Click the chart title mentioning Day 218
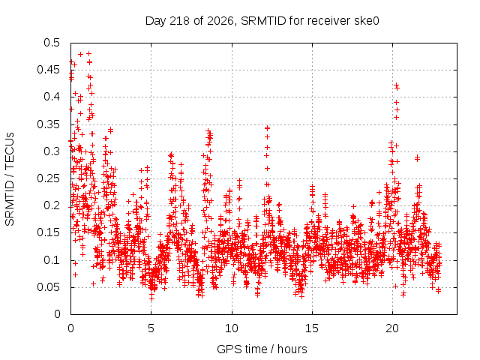pyautogui.click(x=262, y=21)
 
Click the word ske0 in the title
pyautogui.click(x=367, y=21)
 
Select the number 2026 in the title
pyautogui.click(x=220, y=21)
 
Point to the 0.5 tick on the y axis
pyautogui.click(x=52, y=43)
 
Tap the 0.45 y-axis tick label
pyautogui.click(x=48, y=70)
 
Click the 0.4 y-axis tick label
pyautogui.click(x=52, y=97)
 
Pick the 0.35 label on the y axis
pyautogui.click(x=48, y=124)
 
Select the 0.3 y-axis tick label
pyautogui.click(x=52, y=151)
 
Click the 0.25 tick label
pyautogui.click(x=48, y=178)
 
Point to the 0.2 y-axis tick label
pyautogui.click(x=52, y=205)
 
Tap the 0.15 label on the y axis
pyautogui.click(x=48, y=232)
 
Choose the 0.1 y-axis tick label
pyautogui.click(x=52, y=260)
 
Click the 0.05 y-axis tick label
pyautogui.click(x=48, y=287)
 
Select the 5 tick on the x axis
pyautogui.click(x=151, y=328)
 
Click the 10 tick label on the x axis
pyautogui.click(x=232, y=328)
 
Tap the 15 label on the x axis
pyautogui.click(x=312, y=328)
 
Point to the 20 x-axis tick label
pyautogui.click(x=392, y=328)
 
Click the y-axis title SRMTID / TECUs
pyautogui.click(x=10, y=178)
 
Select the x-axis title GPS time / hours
pyautogui.click(x=262, y=349)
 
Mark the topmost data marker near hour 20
pyautogui.click(x=396, y=85)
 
